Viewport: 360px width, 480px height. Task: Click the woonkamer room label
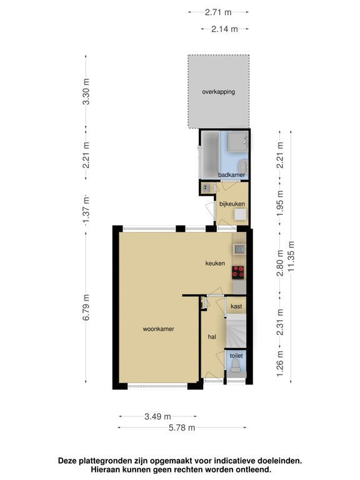point(158,329)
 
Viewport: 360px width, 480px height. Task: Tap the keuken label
point(215,263)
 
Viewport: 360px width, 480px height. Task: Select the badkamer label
point(231,175)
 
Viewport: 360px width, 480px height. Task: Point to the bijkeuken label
point(232,204)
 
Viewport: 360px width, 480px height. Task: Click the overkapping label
point(218,92)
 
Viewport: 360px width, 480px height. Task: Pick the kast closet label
point(236,306)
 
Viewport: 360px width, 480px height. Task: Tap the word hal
point(212,337)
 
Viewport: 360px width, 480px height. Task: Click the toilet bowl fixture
point(236,366)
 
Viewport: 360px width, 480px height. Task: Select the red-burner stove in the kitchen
point(238,272)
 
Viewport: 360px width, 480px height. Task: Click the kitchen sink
point(239,249)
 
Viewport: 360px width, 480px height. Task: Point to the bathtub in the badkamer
point(210,155)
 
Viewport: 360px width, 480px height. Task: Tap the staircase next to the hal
point(236,331)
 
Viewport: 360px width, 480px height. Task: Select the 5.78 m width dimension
point(182,427)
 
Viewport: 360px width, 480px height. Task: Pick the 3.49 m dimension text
point(157,416)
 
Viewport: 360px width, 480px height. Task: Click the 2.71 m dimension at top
point(218,12)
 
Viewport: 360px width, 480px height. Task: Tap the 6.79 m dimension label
point(86,307)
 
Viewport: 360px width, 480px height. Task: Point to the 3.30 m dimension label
point(86,91)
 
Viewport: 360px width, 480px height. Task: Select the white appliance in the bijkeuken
point(240,214)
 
